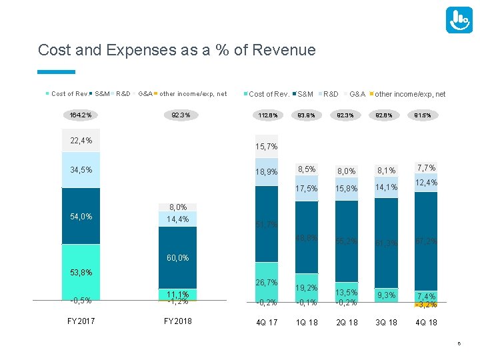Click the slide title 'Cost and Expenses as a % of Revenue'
point(177,50)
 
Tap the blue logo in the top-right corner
point(459,21)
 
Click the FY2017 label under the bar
point(81,321)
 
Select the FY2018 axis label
point(178,321)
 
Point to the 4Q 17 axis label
point(267,322)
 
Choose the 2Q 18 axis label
point(346,322)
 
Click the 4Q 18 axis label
point(426,322)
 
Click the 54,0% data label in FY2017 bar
point(81,216)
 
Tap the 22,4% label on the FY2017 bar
point(81,140)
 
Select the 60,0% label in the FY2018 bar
point(177,258)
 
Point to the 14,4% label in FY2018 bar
point(177,219)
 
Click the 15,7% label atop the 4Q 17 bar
point(267,146)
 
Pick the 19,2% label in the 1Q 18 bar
point(307,288)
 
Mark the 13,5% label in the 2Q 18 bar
point(347,292)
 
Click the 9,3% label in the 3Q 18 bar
point(387,294)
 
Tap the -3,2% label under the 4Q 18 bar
point(426,305)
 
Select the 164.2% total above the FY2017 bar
point(81,115)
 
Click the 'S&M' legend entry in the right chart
point(305,94)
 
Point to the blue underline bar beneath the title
point(57,71)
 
